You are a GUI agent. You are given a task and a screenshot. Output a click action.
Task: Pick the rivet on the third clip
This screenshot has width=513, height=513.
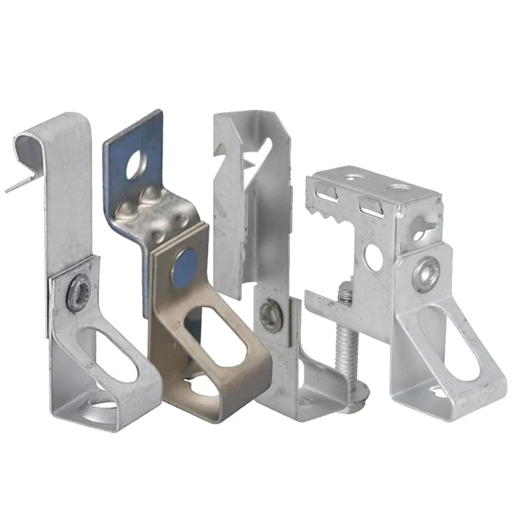(x=272, y=316)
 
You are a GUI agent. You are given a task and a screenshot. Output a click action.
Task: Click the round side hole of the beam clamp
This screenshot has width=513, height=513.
(x=374, y=256)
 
